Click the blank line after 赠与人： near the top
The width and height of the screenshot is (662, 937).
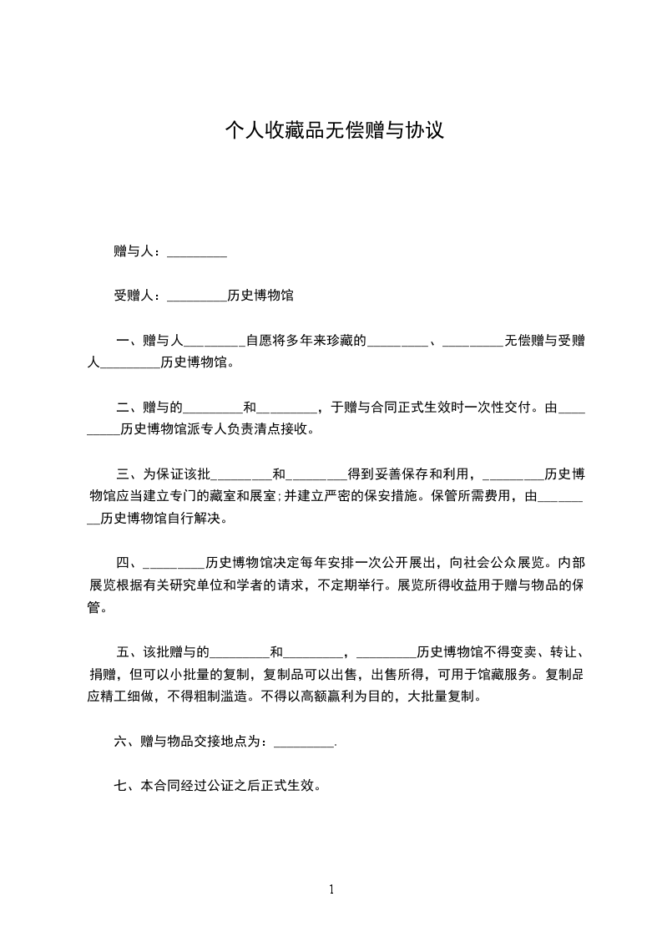tap(197, 251)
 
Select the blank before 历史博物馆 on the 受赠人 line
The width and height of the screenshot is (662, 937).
tap(197, 296)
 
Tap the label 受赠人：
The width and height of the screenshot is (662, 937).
tap(139, 296)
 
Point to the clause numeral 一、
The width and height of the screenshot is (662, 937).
tap(129, 341)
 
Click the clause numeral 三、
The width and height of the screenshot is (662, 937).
tap(129, 474)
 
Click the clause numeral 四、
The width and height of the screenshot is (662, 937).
tap(129, 562)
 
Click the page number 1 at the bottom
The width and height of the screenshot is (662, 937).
tap(331, 889)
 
